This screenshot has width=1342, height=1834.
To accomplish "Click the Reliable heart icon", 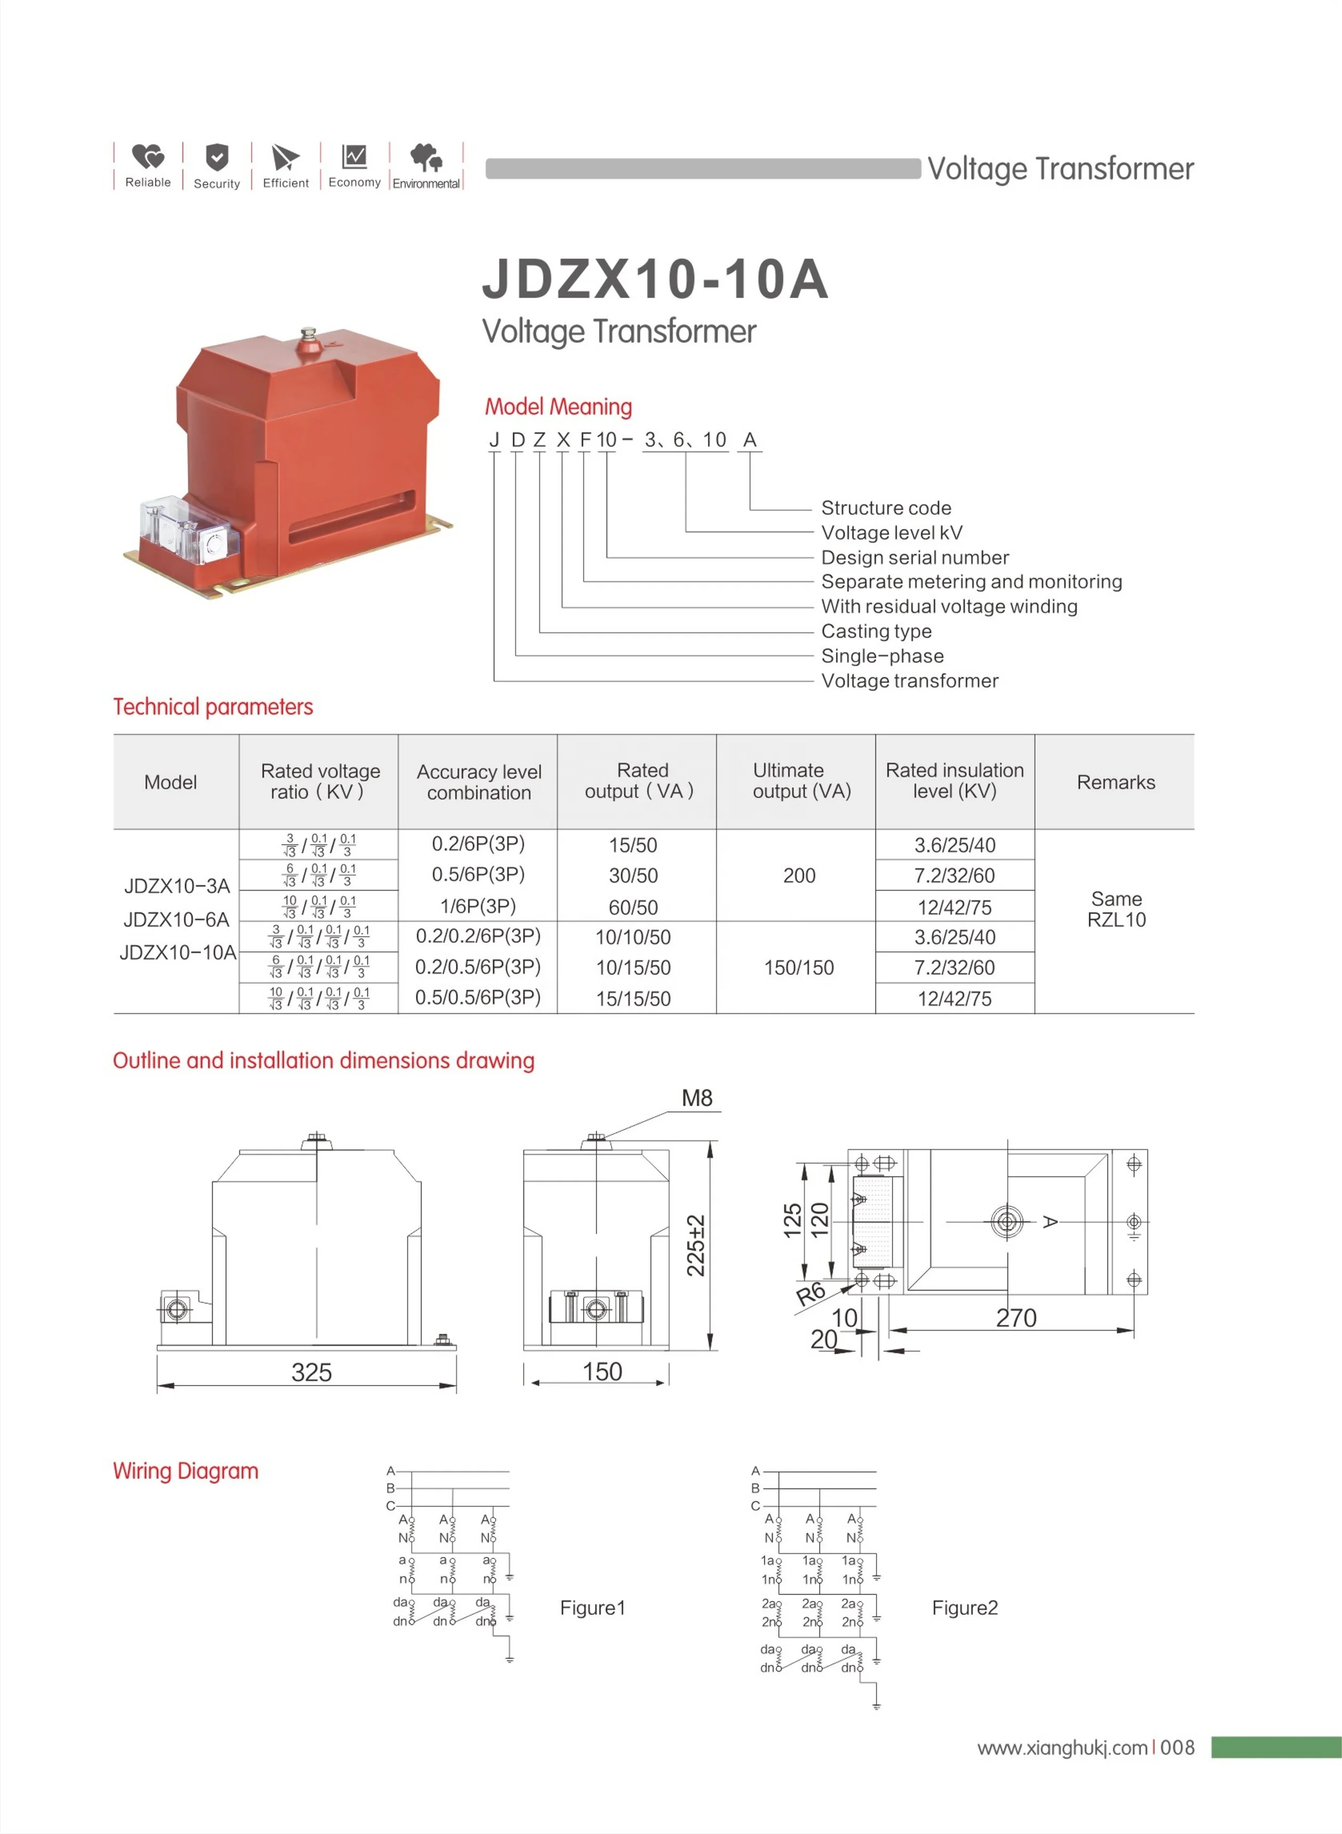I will tap(148, 156).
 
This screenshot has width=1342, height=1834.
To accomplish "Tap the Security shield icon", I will tap(217, 156).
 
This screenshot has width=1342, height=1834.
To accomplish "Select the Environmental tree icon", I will tap(425, 156).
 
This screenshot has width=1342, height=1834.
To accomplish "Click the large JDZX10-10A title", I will tap(655, 279).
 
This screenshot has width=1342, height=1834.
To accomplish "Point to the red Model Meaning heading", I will tap(558, 406).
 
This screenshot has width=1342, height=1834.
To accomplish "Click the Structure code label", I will tap(886, 508).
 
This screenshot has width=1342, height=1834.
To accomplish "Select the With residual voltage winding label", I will tap(949, 606).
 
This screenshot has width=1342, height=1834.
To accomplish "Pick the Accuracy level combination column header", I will tap(478, 782).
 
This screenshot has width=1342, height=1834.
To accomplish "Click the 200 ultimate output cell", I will tap(799, 875).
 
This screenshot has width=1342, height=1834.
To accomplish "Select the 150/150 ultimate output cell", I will tap(799, 967).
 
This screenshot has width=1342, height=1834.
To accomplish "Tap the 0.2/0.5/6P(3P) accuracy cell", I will tap(478, 967).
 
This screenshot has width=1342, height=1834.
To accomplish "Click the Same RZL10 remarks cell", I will tap(1116, 909).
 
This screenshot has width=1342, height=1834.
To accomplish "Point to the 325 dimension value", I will tap(311, 1373).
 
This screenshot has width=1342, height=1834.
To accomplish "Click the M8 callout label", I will tap(697, 1098).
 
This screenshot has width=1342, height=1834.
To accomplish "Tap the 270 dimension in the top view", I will tap(1016, 1318).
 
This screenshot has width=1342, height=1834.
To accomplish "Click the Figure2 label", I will tap(965, 1607).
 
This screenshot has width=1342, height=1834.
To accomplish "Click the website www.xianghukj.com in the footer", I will tap(1062, 1747).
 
